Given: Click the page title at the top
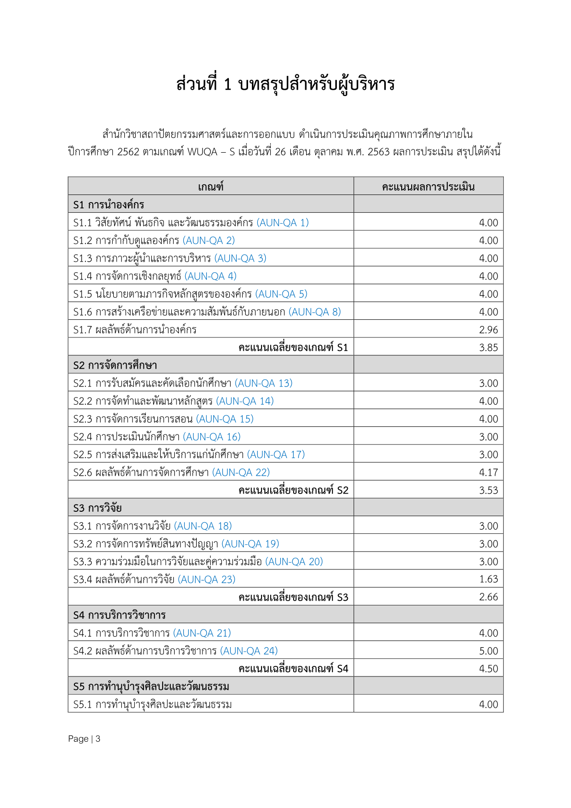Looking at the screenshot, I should (285, 84).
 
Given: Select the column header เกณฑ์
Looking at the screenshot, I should (211, 187).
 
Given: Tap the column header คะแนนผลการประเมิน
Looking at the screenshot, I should (428, 187).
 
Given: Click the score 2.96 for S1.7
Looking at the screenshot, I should (488, 330).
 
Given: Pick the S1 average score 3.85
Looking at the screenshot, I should (488, 348).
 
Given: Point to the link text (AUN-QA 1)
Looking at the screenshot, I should (283, 223).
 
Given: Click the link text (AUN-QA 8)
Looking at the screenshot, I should (315, 312).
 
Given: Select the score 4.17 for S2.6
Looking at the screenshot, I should (488, 472).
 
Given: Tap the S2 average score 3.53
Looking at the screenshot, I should (488, 490).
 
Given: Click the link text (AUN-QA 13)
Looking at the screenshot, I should (263, 383).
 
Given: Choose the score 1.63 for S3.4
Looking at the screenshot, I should (488, 579).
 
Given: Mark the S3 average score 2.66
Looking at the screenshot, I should (488, 597).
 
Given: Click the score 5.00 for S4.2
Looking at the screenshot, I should (488, 651).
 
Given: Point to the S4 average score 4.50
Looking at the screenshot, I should (488, 669).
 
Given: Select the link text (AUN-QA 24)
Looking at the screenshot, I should (249, 651).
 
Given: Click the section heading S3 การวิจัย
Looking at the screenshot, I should (97, 508).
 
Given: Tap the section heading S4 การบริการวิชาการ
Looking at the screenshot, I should (119, 615).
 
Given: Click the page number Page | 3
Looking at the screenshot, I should (84, 739).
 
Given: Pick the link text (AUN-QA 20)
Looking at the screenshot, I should (294, 562).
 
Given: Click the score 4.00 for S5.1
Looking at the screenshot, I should (488, 704).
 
